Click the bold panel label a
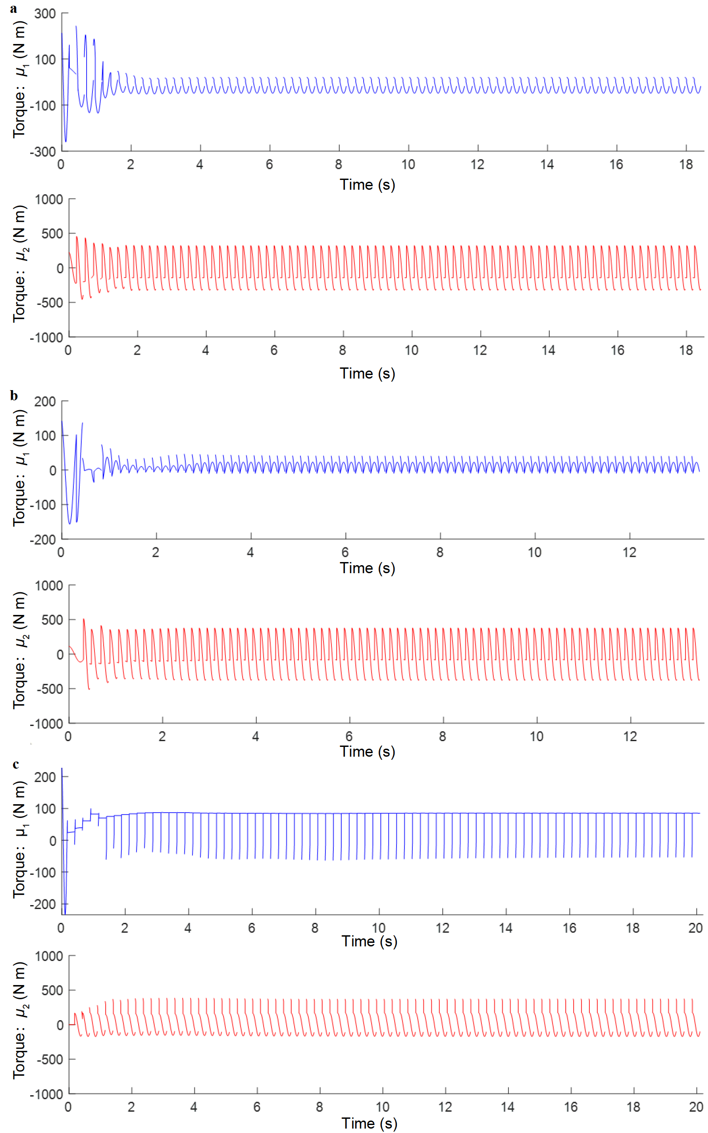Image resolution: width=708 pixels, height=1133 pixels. tap(14, 9)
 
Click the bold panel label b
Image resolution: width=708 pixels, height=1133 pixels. tap(14, 396)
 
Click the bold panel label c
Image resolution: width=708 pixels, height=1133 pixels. tap(16, 765)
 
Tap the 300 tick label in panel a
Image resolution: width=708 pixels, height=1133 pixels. tap(45, 14)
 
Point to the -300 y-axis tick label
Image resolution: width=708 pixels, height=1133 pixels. tap(43, 152)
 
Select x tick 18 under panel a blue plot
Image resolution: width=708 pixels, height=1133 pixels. tap(686, 164)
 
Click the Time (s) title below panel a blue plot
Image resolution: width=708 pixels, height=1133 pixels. tap(368, 185)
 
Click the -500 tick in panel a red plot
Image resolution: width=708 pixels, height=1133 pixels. tap(50, 303)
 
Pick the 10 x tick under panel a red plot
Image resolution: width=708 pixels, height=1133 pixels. tap(411, 350)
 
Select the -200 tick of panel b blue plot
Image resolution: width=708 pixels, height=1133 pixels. tap(43, 539)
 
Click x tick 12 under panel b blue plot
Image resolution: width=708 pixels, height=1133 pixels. tap(629, 552)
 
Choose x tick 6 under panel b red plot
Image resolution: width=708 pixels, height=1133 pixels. tap(349, 736)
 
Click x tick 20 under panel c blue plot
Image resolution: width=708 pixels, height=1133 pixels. tap(696, 928)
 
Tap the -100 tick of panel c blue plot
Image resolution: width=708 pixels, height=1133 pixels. tap(43, 873)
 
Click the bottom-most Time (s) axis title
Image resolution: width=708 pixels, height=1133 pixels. tap(369, 1123)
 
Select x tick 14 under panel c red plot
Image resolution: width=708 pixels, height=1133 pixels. tap(508, 1107)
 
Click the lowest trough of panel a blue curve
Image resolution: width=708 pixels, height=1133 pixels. tap(66, 141)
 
